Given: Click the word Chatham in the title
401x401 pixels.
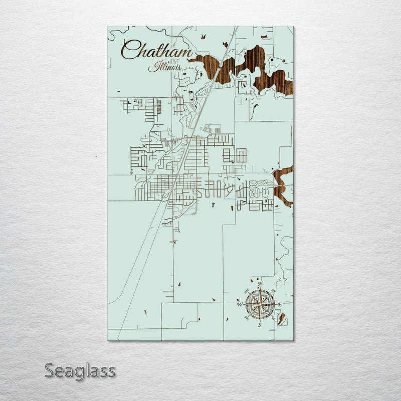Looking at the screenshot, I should click(x=156, y=51).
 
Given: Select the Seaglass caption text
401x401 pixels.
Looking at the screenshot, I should click(x=80, y=371).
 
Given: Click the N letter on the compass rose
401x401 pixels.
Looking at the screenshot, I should click(x=260, y=285).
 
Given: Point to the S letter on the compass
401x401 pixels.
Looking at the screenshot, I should click(x=260, y=325).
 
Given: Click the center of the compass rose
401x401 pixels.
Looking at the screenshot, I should click(x=260, y=304).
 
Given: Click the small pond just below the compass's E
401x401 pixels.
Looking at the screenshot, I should click(x=282, y=317).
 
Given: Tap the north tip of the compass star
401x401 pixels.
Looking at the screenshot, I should click(x=260, y=290).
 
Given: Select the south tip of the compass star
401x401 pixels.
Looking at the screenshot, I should click(x=260, y=319).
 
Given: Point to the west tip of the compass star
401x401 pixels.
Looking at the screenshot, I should click(x=245, y=304).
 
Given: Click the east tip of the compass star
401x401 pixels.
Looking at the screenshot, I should click(x=274, y=304).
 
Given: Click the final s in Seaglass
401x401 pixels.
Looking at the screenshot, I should click(x=112, y=372).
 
